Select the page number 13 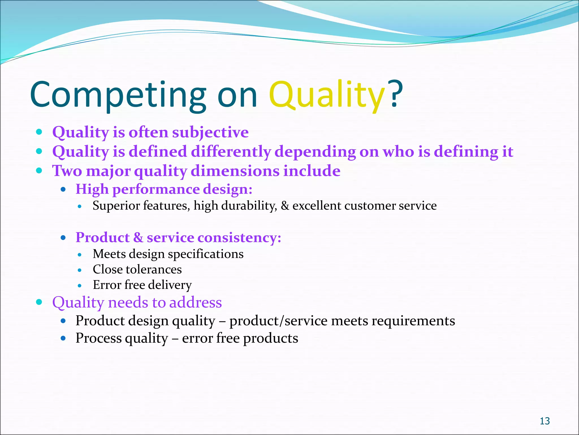[x=545, y=421]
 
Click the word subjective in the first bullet [x=210, y=133]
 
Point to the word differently [x=231, y=152]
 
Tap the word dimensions [x=235, y=171]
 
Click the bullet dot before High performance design [x=63, y=189]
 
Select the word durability [x=249, y=206]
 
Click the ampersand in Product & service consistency [x=138, y=237]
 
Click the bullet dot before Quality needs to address [x=39, y=302]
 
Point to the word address [x=195, y=302]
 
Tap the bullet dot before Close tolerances [x=80, y=270]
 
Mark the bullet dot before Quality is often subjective [x=39, y=132]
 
